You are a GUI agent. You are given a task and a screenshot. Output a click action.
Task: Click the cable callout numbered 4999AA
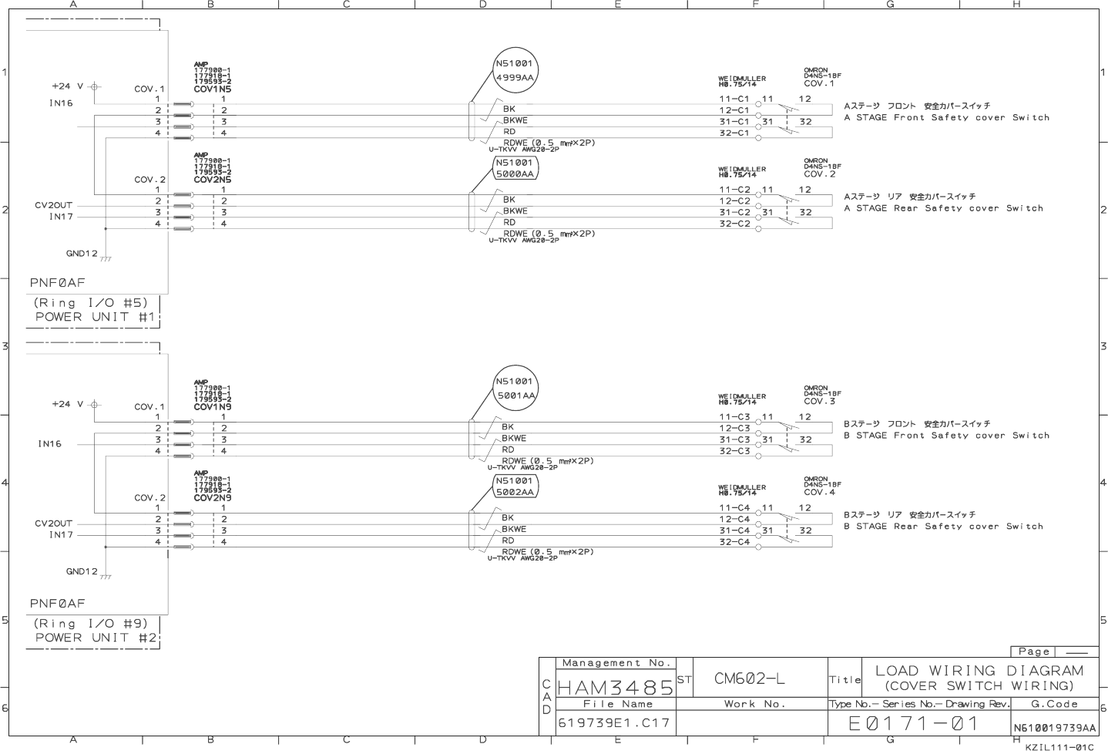click(x=515, y=77)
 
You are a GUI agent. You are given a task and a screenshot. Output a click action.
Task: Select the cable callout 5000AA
click(x=515, y=174)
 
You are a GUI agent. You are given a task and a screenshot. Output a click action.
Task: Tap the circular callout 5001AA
click(x=515, y=396)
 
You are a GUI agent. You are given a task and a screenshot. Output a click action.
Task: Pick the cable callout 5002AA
click(x=515, y=492)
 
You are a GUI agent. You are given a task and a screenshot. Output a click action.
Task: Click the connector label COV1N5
click(x=212, y=89)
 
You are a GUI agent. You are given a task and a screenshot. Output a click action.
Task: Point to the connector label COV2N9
click(x=212, y=498)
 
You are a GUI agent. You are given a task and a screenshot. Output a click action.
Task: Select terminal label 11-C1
click(x=734, y=99)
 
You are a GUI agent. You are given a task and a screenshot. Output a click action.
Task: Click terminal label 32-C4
click(x=734, y=542)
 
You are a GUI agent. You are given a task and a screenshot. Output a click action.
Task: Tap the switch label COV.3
click(x=819, y=402)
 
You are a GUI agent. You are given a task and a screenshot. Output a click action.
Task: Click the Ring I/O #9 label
click(x=90, y=624)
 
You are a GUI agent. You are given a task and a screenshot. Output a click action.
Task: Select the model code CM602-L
click(x=750, y=679)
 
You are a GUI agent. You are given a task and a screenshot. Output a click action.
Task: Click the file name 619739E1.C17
click(x=615, y=723)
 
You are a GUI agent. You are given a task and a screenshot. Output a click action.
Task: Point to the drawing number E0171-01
click(x=914, y=723)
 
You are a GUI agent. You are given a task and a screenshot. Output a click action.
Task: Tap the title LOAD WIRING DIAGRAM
click(x=979, y=671)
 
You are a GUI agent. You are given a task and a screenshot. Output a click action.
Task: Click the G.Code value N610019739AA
click(x=1055, y=728)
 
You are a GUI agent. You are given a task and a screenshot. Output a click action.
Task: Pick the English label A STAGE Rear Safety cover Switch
click(x=943, y=208)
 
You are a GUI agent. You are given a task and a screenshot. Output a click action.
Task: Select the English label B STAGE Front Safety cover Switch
click(x=946, y=436)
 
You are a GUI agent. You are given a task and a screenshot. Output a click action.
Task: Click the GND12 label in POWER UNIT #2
click(x=82, y=571)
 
